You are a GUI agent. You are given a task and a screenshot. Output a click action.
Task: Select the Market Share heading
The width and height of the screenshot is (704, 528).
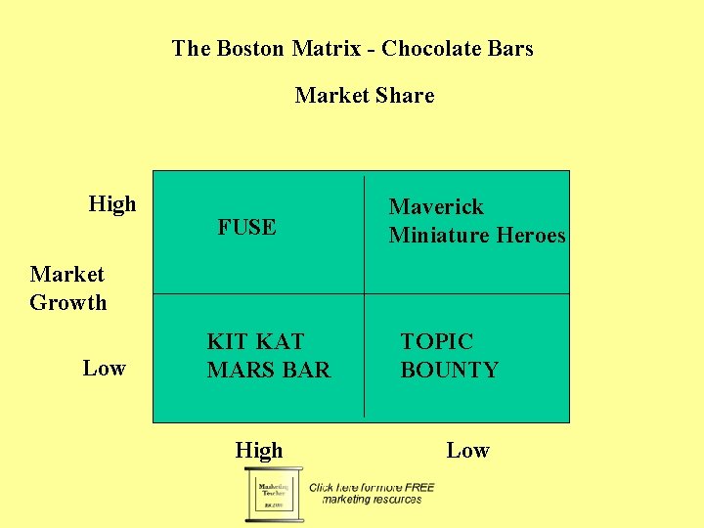364,95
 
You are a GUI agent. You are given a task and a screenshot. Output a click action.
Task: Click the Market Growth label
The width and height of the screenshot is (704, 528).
67,288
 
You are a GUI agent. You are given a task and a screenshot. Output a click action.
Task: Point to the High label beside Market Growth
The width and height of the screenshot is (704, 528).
112,203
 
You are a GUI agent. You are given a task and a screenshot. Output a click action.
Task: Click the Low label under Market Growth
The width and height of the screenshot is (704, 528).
104,368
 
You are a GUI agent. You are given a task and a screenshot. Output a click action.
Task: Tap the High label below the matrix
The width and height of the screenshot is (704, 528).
258,450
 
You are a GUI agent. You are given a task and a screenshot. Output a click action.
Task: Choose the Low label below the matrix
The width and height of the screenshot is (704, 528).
467,450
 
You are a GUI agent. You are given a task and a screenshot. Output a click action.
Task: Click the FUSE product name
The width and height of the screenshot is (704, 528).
246,227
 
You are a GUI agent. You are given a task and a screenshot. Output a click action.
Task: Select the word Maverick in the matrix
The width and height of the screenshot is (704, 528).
436,206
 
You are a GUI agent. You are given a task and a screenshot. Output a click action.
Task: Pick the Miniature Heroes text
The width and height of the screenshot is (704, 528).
477,235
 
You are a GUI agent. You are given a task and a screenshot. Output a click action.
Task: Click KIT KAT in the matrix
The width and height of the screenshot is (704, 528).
255,341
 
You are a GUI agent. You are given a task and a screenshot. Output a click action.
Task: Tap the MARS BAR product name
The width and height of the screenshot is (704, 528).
269,370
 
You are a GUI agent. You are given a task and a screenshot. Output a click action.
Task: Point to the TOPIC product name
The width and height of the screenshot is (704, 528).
436,341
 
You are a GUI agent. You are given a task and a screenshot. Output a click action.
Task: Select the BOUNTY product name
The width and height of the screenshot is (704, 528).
449,370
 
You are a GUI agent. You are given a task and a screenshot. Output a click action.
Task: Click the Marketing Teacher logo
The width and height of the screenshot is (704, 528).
274,494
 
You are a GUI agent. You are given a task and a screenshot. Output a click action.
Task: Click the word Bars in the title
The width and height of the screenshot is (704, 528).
510,48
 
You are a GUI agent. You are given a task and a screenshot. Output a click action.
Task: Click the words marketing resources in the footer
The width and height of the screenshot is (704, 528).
372,500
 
